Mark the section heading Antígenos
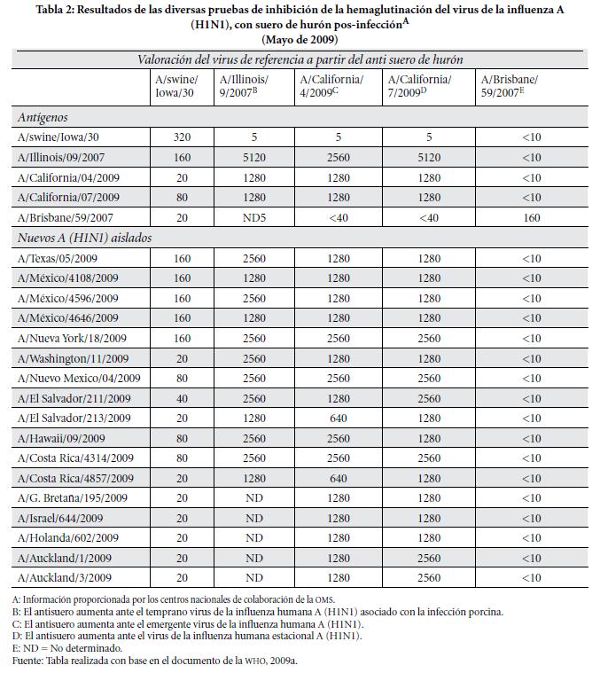click(x=43, y=117)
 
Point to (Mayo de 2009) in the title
click(x=300, y=40)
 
